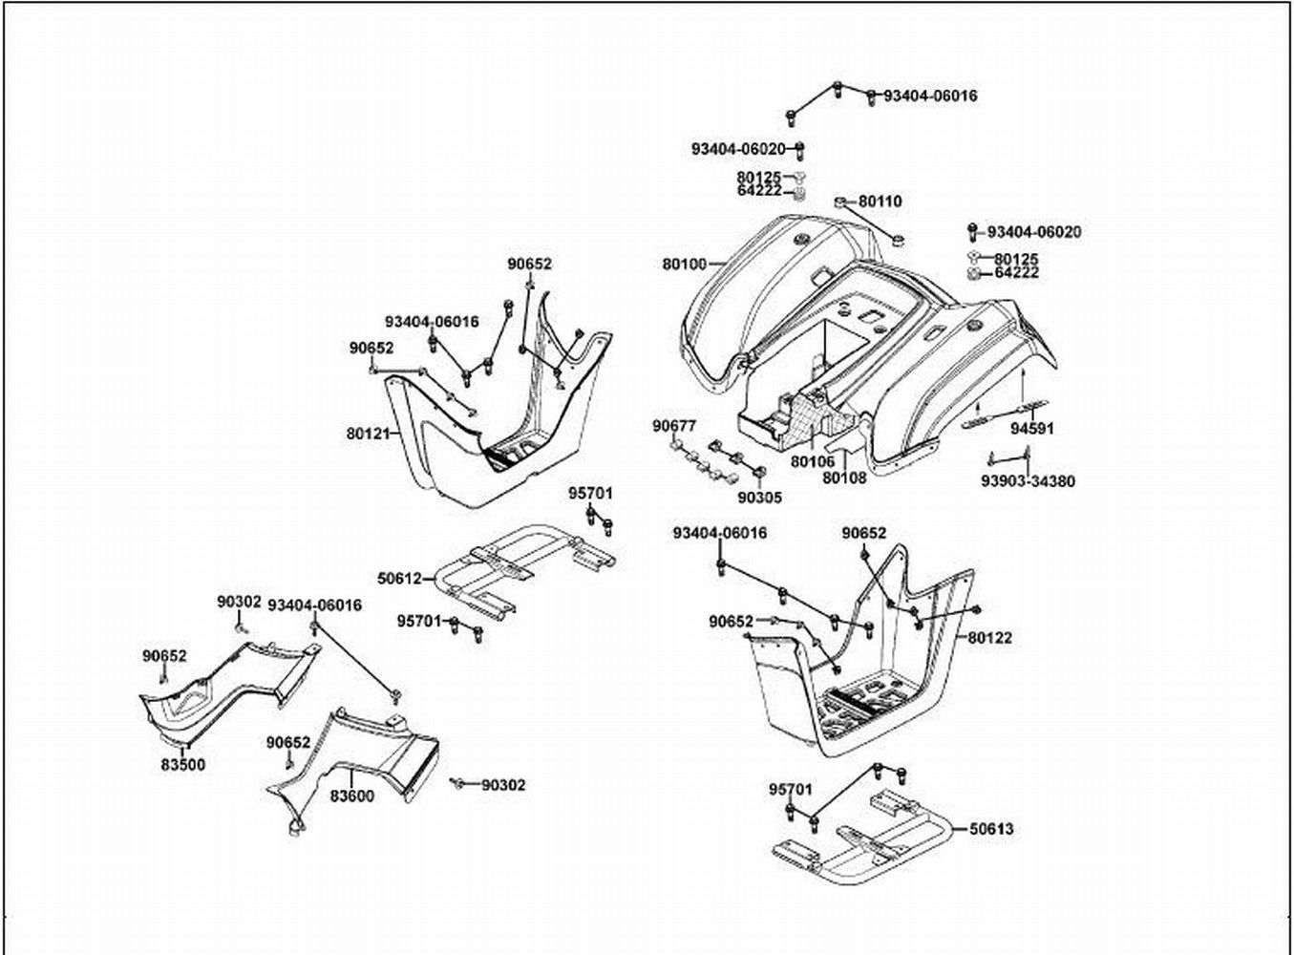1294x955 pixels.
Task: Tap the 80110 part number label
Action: coord(880,202)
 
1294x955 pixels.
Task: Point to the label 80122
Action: coord(989,637)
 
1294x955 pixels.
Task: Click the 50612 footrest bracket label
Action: coord(400,579)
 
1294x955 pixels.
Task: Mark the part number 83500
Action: coord(182,765)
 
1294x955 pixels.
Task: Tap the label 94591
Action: coord(1032,429)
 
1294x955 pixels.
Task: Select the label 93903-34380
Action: coord(1028,481)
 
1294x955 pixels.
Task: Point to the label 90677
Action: coord(674,426)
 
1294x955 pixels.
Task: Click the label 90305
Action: coord(759,497)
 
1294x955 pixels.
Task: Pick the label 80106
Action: coord(813,461)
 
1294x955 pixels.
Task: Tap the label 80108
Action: coord(844,477)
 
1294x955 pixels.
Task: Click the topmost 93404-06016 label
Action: coord(929,96)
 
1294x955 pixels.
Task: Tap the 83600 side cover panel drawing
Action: coord(363,754)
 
